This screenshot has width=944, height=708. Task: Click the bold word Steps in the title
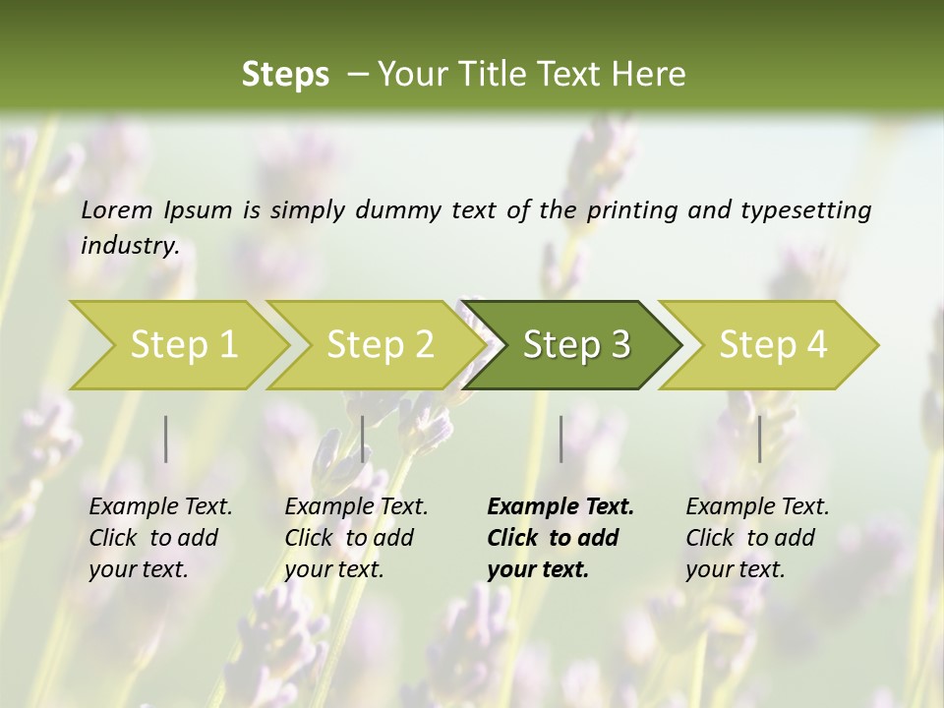pos(285,75)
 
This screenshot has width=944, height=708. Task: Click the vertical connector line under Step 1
pos(166,439)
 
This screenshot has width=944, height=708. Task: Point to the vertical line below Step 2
pos(363,439)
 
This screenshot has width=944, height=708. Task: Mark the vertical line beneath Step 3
pos(561,439)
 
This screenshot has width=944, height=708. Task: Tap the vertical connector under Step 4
pos(760,439)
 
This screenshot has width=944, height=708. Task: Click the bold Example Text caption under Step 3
pos(560,538)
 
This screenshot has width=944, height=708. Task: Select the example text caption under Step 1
pos(160,538)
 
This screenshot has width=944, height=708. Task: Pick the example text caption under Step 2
pos(356,538)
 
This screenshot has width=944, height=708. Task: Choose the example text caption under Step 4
pos(757,538)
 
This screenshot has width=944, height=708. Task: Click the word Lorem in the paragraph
pos(116,209)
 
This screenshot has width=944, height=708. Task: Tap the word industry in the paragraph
pos(130,246)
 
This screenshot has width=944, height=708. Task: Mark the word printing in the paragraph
pos(633,210)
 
